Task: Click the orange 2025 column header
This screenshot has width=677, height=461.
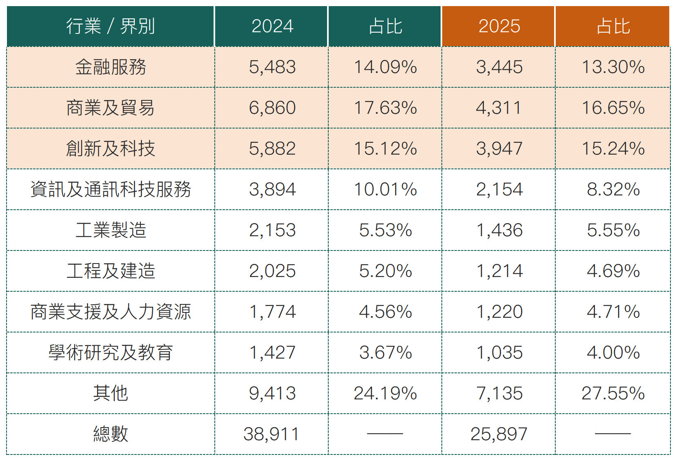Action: click(499, 27)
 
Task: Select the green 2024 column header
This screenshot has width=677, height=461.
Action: click(272, 27)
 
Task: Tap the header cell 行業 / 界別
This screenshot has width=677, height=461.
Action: click(110, 27)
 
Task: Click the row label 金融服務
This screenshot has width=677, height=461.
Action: click(110, 67)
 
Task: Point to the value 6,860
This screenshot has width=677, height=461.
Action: click(272, 108)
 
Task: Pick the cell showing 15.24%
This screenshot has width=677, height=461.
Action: click(612, 149)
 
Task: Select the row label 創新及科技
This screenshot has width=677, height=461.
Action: click(110, 149)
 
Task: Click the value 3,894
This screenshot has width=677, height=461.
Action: click(272, 190)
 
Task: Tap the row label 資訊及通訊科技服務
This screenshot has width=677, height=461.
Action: click(110, 190)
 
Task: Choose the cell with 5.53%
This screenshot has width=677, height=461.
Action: click(385, 230)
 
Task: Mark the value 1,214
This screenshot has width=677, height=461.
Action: click(499, 271)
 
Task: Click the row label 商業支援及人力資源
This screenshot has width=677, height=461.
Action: click(110, 312)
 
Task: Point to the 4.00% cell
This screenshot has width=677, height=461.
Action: click(612, 353)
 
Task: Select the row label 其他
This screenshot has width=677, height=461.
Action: click(110, 394)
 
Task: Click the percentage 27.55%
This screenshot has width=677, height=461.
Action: click(612, 394)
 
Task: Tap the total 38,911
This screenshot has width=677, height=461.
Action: click(271, 434)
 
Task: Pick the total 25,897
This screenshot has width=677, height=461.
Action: click(499, 434)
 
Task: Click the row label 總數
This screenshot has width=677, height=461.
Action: click(110, 434)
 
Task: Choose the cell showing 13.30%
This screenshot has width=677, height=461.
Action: click(612, 67)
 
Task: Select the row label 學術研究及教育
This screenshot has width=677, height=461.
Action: click(110, 353)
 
